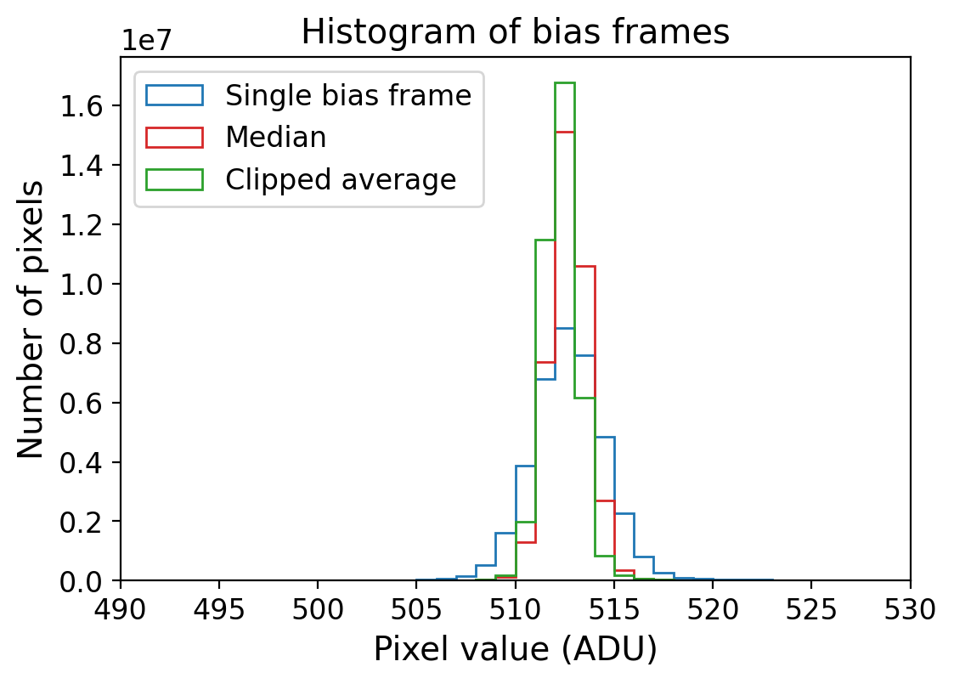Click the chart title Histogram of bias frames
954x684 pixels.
click(515, 32)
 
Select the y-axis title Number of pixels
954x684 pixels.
click(31, 319)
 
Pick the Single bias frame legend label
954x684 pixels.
click(347, 95)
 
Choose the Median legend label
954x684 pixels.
click(275, 138)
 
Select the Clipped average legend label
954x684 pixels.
click(340, 179)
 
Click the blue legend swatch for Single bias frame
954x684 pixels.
click(174, 95)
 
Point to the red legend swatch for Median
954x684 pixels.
click(174, 138)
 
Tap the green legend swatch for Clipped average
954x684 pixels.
click(174, 179)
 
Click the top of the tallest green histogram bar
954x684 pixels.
click(565, 82)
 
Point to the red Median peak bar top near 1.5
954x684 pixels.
click(565, 132)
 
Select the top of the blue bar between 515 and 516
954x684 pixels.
click(624, 513)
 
